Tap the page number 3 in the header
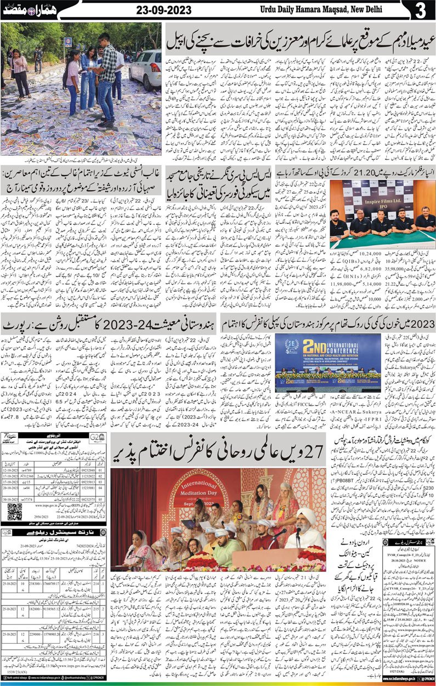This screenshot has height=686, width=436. click(421, 11)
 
